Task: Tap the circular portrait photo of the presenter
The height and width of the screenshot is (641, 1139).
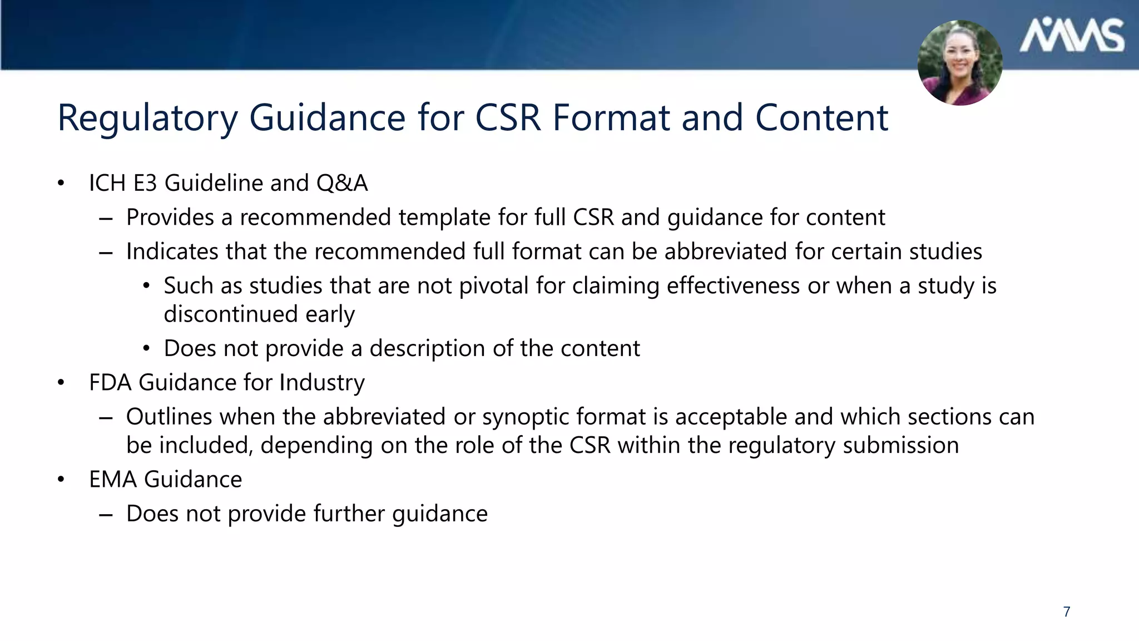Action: point(960,63)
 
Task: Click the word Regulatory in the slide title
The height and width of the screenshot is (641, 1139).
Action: point(148,118)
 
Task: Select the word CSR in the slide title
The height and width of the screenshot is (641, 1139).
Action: point(507,118)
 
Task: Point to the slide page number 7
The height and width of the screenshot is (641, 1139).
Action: point(1067,612)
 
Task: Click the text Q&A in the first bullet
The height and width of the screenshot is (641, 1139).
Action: point(342,183)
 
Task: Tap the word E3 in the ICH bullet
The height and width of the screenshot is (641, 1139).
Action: point(145,183)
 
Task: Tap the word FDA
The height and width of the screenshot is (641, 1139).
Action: point(110,383)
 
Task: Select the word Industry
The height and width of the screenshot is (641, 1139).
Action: point(321,383)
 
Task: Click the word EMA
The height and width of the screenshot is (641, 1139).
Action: point(113,480)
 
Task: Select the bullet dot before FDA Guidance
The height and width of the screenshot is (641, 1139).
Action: point(61,383)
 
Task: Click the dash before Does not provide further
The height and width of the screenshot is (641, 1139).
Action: point(106,514)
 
